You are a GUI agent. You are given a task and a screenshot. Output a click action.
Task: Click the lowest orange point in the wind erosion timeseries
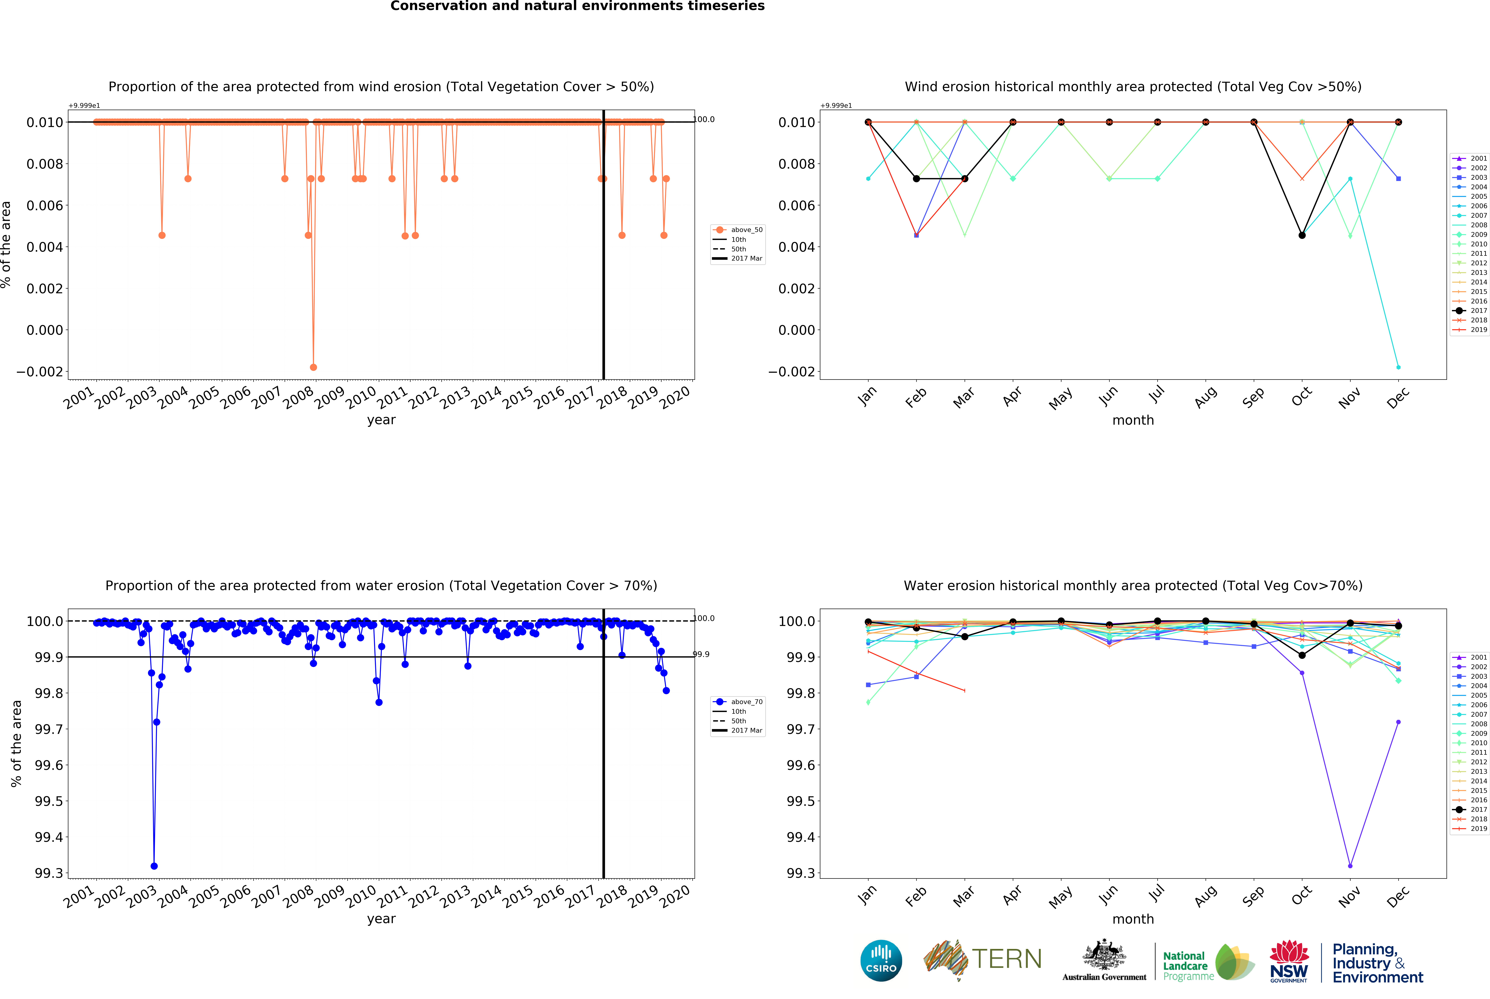[313, 368]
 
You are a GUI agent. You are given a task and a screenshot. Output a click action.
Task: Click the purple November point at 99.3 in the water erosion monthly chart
[1350, 866]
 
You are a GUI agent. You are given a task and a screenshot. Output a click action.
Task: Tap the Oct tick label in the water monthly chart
[1301, 895]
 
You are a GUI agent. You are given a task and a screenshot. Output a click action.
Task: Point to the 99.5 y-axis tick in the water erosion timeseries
[49, 801]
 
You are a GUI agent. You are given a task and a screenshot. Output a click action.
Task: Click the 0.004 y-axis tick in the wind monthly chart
[797, 247]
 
